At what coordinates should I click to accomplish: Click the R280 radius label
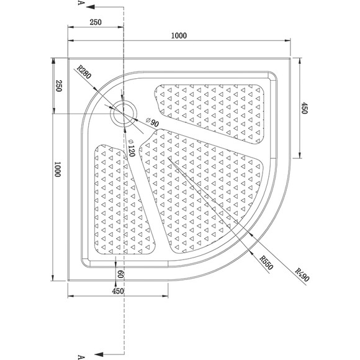click(x=84, y=72)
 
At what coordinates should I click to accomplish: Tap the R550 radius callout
click(x=266, y=263)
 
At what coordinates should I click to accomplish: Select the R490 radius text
click(x=302, y=275)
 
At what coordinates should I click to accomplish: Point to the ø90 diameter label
click(x=152, y=122)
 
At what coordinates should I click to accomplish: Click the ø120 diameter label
click(x=131, y=148)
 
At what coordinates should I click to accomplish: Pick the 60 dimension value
click(x=120, y=274)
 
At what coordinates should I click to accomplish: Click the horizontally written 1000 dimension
click(x=179, y=35)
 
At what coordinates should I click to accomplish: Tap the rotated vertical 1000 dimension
click(x=57, y=169)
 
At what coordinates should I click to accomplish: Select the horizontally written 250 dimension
click(x=96, y=22)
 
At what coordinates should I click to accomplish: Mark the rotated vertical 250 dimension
click(x=59, y=86)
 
